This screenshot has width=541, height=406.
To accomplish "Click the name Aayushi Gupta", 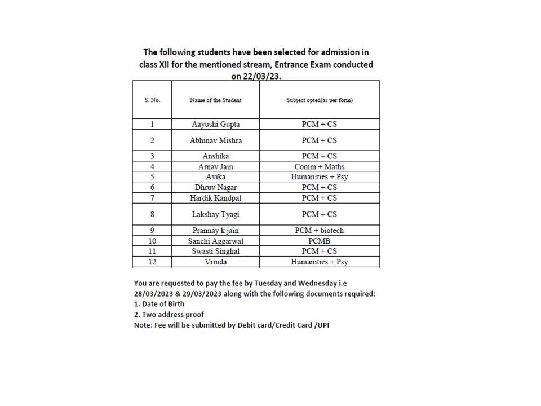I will [216, 124].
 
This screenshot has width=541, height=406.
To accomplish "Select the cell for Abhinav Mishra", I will [216, 140].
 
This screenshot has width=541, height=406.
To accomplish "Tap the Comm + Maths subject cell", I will [319, 166].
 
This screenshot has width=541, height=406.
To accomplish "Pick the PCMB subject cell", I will [319, 241].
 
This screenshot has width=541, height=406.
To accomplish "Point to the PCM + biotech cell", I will [319, 230].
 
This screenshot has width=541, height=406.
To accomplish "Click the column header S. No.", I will [152, 100].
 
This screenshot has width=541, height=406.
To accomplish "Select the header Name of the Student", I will [216, 100].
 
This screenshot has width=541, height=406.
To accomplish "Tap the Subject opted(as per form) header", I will [319, 100].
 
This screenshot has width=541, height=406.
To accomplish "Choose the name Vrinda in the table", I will [216, 262].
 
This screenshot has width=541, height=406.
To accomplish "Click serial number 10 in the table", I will [152, 241].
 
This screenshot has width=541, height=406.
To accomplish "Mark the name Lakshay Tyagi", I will [216, 214].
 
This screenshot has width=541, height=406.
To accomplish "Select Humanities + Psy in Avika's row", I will [319, 176].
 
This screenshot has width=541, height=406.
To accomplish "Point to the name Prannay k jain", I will [216, 230].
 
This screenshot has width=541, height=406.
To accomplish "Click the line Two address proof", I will [168, 314].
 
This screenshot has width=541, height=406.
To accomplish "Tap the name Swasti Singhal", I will [216, 251].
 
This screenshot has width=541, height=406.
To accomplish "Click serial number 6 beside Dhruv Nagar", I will [152, 187].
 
